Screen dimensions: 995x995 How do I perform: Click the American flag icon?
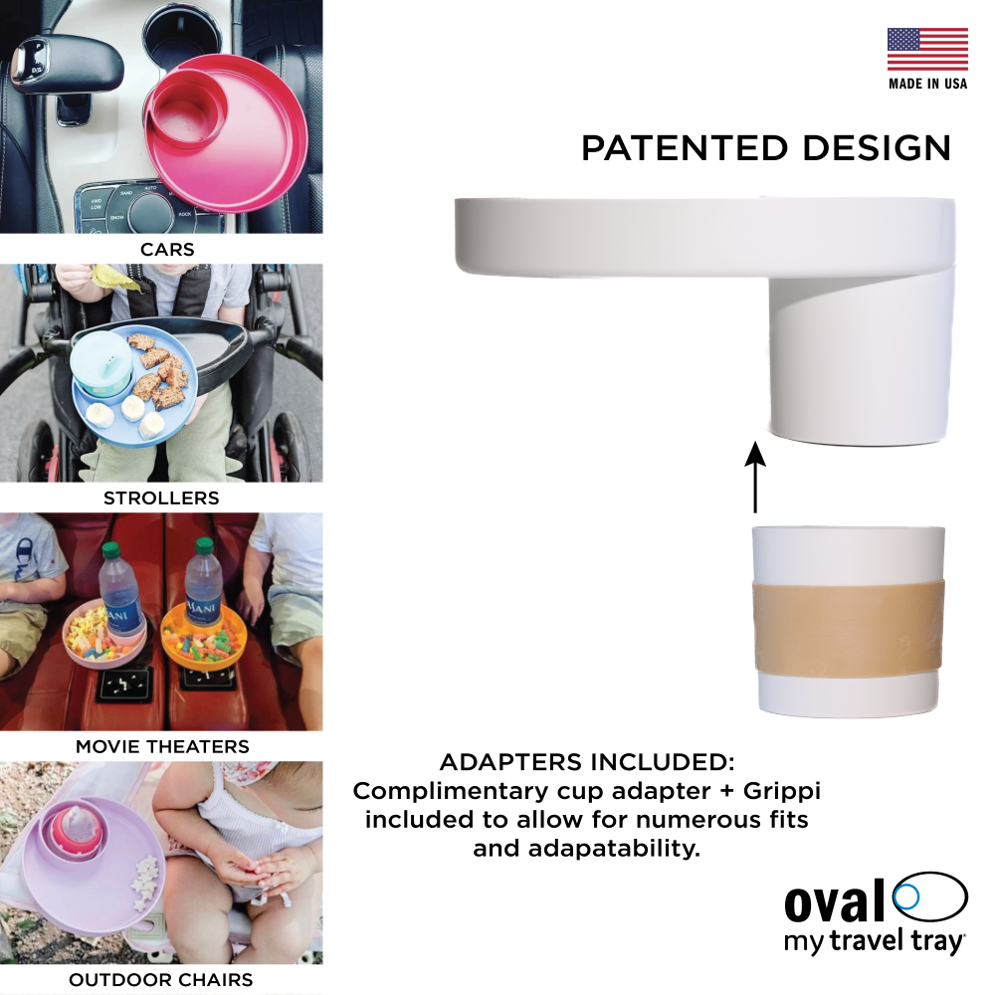pyautogui.click(x=927, y=49)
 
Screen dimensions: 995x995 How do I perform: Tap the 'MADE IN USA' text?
pyautogui.click(x=927, y=84)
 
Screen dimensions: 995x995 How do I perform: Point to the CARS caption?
pyautogui.click(x=167, y=250)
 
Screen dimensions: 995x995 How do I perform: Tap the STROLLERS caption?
pyautogui.click(x=161, y=498)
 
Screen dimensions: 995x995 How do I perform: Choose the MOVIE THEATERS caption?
pyautogui.click(x=162, y=746)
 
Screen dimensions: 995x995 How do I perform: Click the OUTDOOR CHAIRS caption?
pyautogui.click(x=160, y=980)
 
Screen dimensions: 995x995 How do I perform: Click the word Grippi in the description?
pyautogui.click(x=782, y=792)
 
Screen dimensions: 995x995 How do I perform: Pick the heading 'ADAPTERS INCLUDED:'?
pyautogui.click(x=587, y=762)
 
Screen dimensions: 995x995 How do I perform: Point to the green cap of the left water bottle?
pyautogui.click(x=110, y=549)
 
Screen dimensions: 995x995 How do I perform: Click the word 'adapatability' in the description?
pyautogui.click(x=614, y=849)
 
